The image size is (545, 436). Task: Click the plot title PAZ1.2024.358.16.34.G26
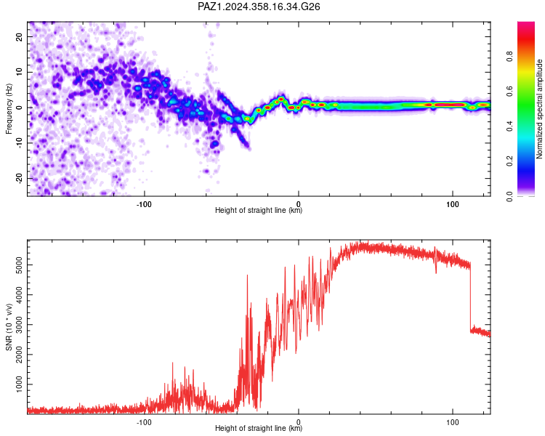[259, 7]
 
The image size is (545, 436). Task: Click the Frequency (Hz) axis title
[9, 109]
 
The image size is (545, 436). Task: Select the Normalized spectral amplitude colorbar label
[539, 109]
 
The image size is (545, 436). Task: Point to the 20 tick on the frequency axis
[20, 36]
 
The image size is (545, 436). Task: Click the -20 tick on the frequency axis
[20, 179]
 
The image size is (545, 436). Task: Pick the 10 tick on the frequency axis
[20, 72]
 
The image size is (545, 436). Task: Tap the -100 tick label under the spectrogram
[144, 204]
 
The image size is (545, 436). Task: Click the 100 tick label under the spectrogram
[453, 204]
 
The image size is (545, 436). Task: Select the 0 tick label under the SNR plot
[298, 422]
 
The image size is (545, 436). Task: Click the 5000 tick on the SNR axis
[20, 265]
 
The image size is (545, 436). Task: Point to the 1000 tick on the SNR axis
[20, 384]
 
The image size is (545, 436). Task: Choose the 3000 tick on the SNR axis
[20, 325]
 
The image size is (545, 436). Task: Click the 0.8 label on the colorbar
[509, 57]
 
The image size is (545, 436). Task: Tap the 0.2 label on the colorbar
[509, 161]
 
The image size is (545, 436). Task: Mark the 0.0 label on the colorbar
[509, 196]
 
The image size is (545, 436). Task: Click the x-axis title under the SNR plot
[259, 428]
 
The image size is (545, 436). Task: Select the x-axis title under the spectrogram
[259, 210]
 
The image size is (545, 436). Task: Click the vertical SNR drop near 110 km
[471, 297]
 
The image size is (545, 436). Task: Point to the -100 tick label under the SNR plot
[144, 422]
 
